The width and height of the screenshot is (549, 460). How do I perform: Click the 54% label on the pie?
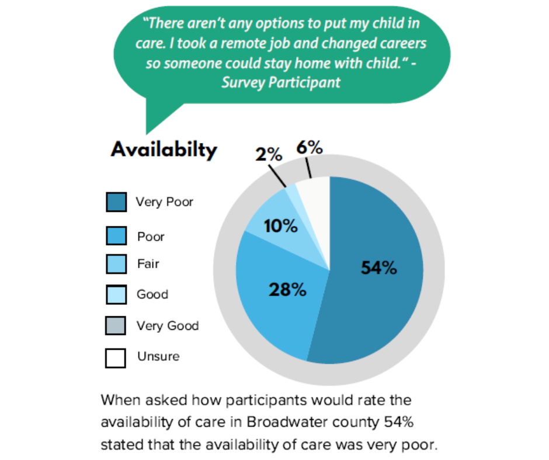pos(379,268)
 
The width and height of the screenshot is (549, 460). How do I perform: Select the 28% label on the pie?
pos(287,289)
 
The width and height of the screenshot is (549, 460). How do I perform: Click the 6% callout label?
pos(310,148)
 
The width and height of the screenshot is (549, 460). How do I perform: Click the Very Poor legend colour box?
pos(116,202)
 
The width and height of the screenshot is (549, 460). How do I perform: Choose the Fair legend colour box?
pos(116,264)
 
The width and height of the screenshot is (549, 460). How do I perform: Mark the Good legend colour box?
pos(116,294)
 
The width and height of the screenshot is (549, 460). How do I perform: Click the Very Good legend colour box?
pos(116,325)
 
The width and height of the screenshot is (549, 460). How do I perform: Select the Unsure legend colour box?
pos(116,357)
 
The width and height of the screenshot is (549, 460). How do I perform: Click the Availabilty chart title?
pos(164,149)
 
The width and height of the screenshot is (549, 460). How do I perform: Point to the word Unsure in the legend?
pos(158,356)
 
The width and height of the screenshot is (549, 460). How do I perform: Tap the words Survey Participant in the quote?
pos(281,82)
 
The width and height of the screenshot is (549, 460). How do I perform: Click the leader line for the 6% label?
pos(309,169)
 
